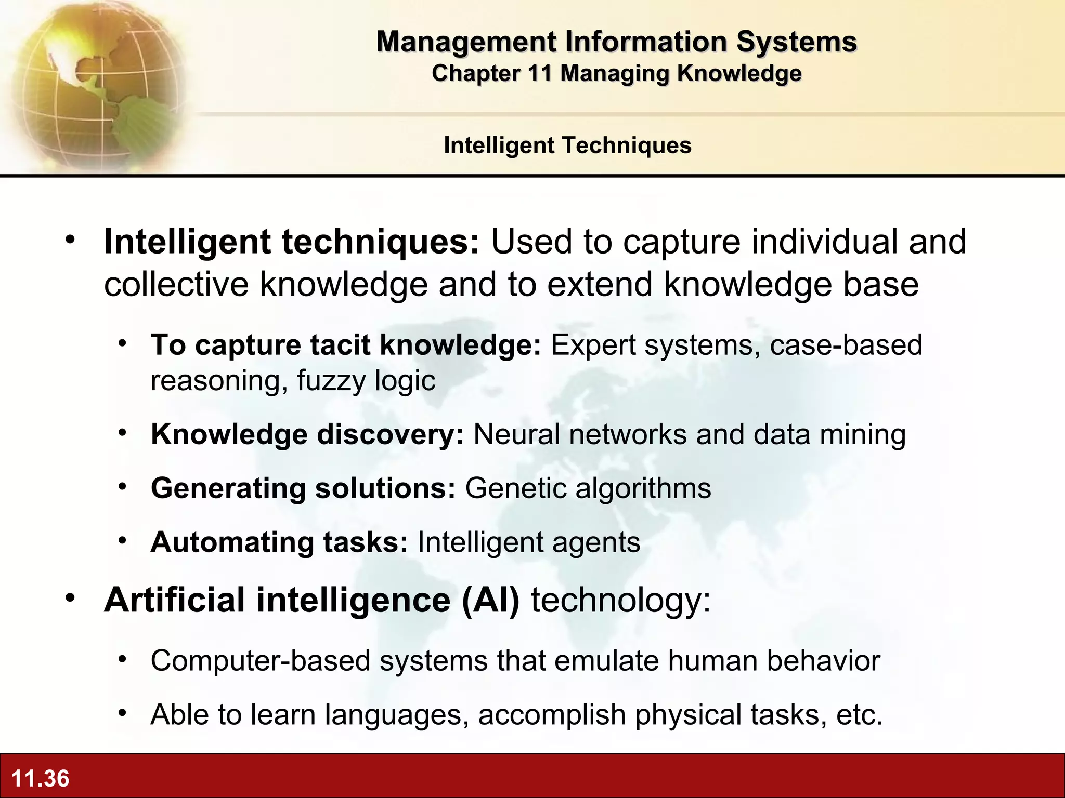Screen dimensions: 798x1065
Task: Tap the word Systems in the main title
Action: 796,42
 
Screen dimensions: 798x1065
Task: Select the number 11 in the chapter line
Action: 539,73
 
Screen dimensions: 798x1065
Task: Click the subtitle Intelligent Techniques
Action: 567,145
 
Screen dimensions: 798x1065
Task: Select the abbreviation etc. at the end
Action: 859,715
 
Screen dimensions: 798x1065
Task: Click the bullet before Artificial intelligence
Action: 70,598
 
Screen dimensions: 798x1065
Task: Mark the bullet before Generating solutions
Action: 122,487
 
